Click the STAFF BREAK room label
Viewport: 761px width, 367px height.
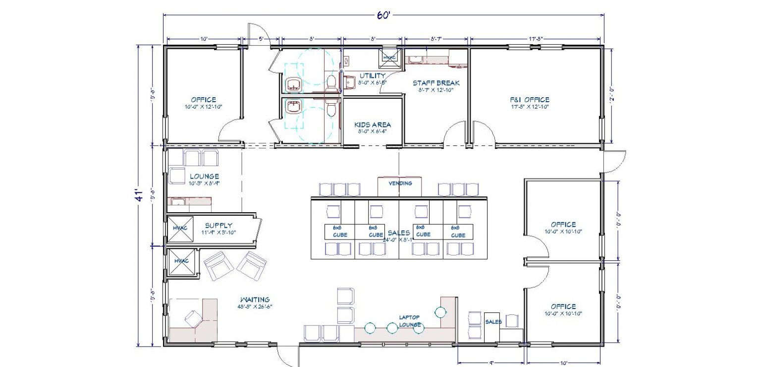(436, 83)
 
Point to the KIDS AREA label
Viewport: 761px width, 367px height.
(373, 125)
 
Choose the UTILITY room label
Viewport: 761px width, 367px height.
(373, 76)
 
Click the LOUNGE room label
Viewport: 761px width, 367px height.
(204, 177)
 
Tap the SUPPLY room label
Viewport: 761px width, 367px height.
(218, 225)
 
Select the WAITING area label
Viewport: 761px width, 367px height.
(255, 300)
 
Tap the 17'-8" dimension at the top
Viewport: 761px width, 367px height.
(537, 38)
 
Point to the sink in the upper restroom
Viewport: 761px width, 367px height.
(294, 85)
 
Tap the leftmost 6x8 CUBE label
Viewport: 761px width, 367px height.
(340, 231)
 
